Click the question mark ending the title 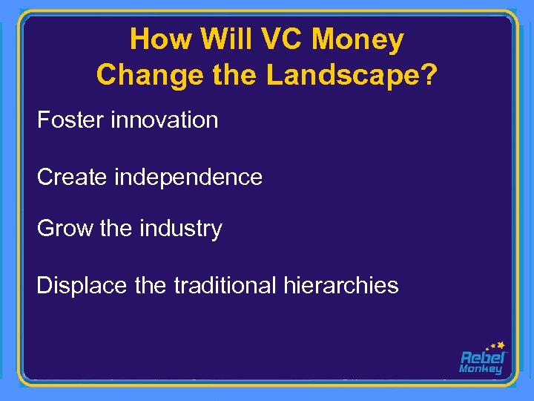point(428,74)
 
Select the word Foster point(70,120)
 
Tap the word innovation point(164,120)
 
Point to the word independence point(188,177)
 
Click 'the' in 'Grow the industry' point(115,228)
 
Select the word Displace point(82,286)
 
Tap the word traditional point(225,285)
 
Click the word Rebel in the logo point(482,357)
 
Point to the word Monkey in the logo point(481,369)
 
